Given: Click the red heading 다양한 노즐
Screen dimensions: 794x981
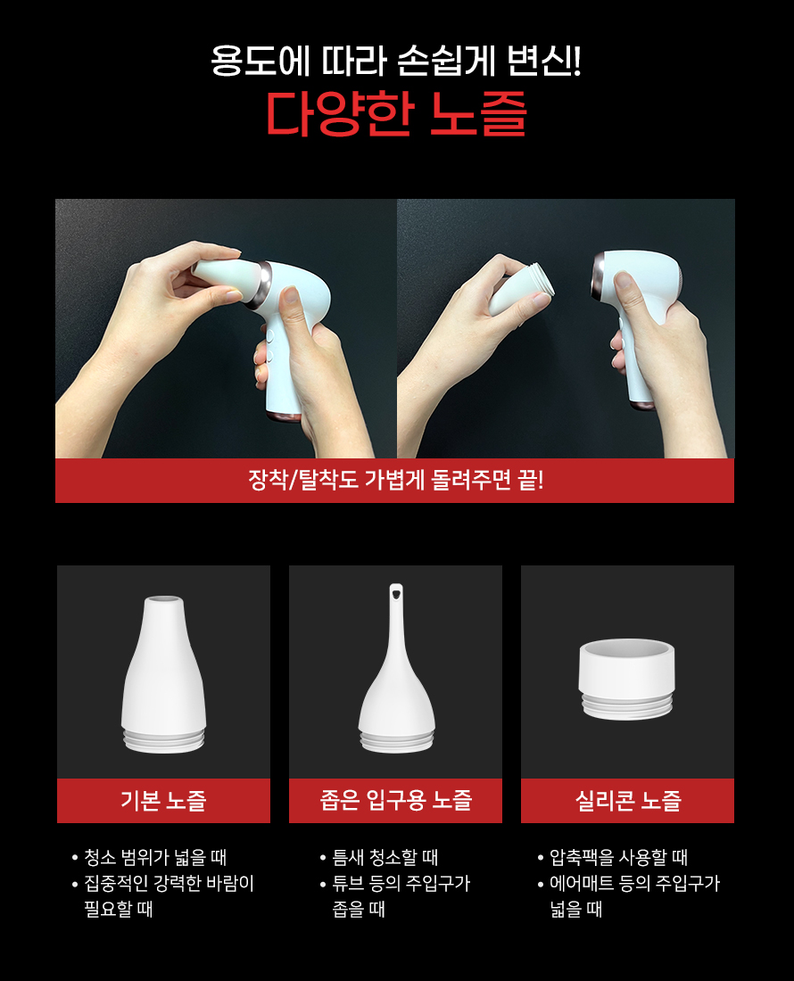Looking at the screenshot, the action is [x=396, y=114].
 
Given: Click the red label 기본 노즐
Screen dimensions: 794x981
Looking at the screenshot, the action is [x=163, y=800].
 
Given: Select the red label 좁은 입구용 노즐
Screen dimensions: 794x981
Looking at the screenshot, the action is [x=395, y=800].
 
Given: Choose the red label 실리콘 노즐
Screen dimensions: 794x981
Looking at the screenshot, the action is [x=627, y=800].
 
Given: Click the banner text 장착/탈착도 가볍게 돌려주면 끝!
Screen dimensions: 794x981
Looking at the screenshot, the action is [x=395, y=480].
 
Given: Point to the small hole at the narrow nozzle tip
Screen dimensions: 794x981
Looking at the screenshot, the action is [x=396, y=590].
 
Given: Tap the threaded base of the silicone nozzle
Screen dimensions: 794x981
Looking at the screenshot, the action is [x=627, y=705].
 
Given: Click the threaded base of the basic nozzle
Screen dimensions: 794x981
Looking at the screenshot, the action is [x=164, y=740].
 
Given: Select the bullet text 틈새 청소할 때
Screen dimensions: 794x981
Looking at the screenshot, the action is [x=385, y=856].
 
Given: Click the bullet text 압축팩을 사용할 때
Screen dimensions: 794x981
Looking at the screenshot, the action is [x=618, y=856].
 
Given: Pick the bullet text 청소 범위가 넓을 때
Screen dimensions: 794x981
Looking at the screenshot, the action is [x=155, y=856].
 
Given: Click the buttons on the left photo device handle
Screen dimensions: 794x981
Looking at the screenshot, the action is [x=269, y=345].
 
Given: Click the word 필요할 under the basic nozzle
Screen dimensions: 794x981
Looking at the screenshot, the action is [x=108, y=909].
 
